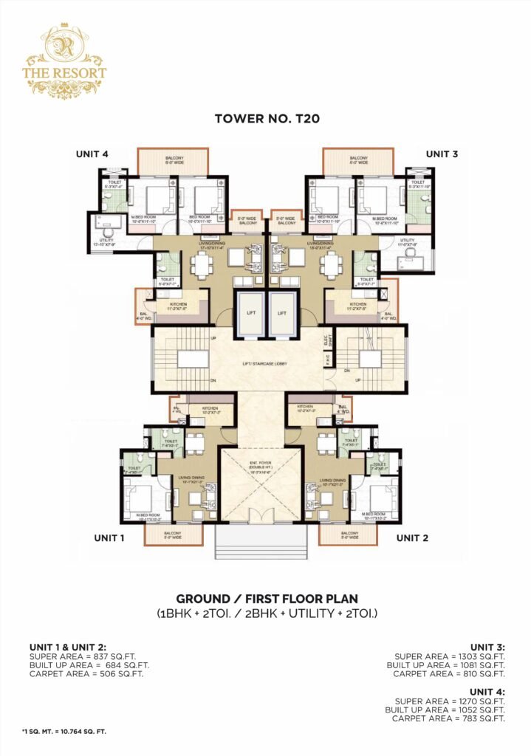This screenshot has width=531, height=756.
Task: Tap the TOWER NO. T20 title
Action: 265,117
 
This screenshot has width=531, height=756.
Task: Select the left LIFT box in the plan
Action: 249,312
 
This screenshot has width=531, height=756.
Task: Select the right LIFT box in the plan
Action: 281,312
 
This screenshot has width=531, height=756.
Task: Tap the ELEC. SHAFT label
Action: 330,341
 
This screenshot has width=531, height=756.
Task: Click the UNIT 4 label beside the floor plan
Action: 92,154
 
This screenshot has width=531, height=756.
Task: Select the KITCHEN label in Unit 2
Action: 306,406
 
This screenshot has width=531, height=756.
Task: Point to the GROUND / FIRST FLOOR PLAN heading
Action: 265,599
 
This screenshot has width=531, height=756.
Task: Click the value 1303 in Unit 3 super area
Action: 461,656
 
